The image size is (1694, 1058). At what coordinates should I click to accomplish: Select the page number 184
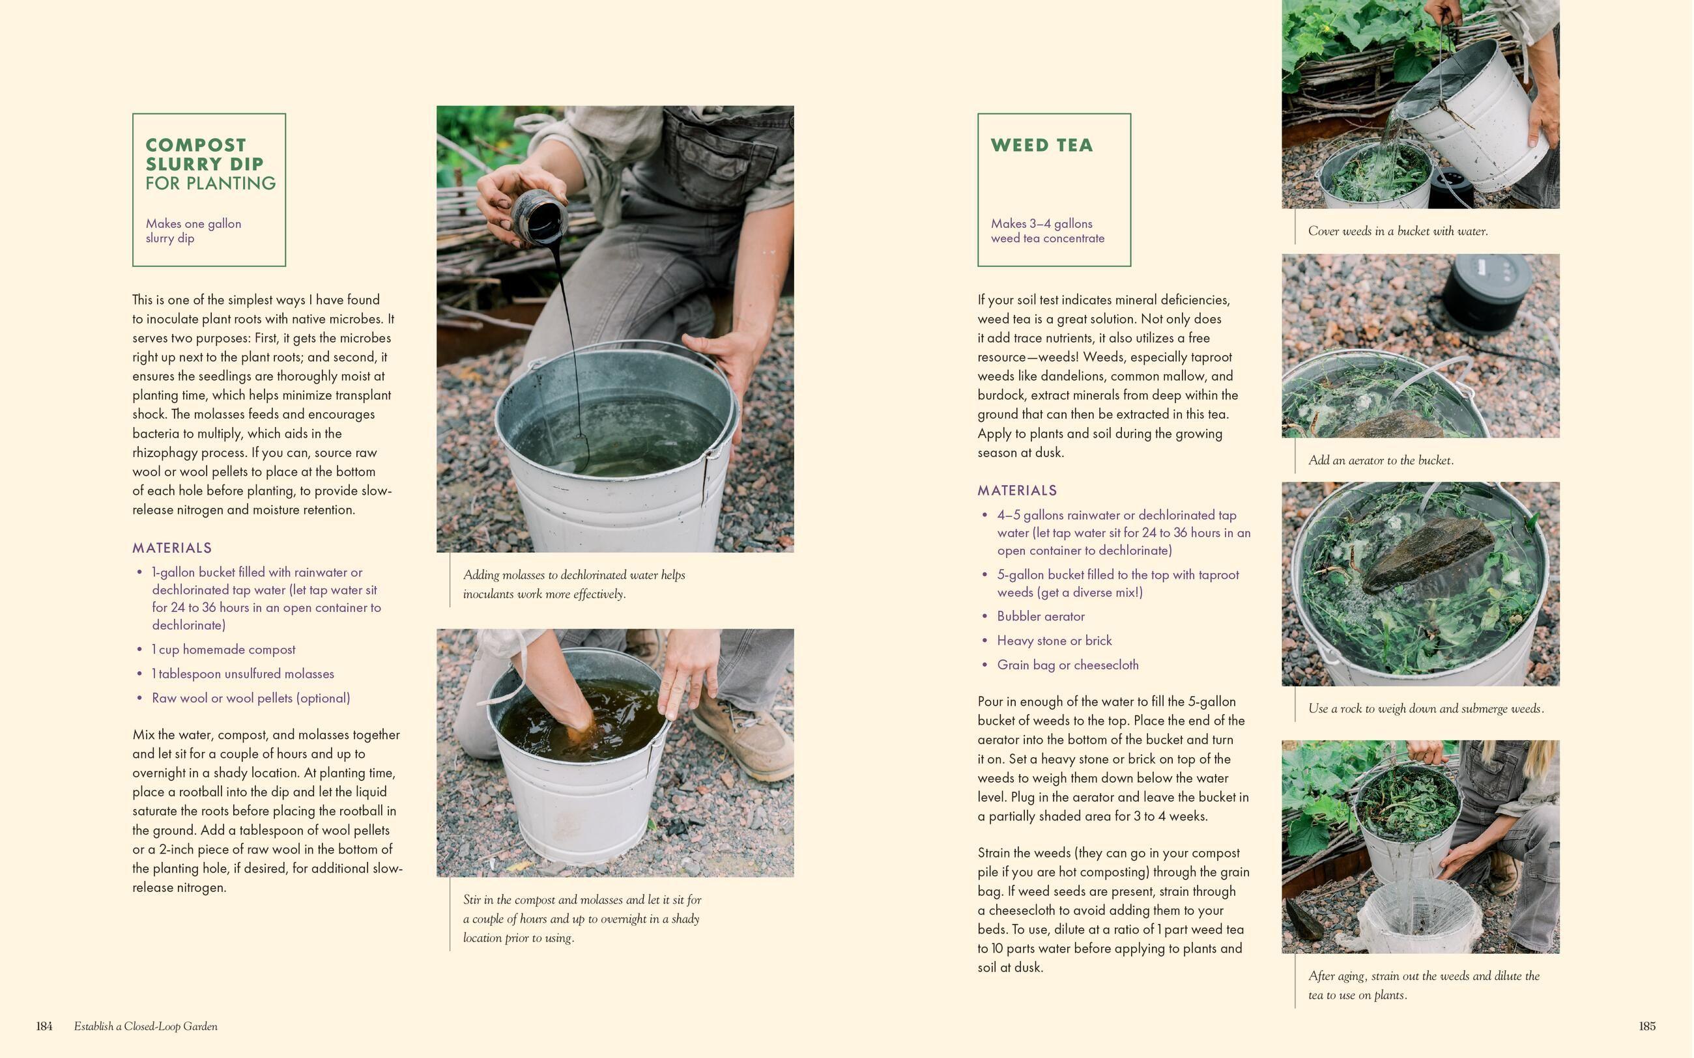click(x=44, y=1026)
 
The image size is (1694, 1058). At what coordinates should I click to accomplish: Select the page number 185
click(x=1646, y=1026)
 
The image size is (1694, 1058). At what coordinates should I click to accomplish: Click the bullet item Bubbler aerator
click(x=1041, y=617)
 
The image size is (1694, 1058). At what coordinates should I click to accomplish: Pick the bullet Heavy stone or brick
click(x=1054, y=640)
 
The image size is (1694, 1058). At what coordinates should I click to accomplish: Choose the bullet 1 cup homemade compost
click(x=223, y=649)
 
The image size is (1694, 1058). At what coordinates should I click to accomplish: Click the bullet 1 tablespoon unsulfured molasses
click(x=243, y=674)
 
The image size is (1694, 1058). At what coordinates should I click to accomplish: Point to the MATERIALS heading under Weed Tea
click(x=1017, y=490)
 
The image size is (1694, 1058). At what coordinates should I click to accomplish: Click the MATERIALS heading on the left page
click(x=172, y=548)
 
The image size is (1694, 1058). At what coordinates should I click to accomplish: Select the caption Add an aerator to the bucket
click(x=1381, y=460)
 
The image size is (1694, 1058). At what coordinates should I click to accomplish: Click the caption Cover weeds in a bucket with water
click(x=1397, y=231)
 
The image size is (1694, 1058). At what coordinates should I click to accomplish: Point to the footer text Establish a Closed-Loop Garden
click(x=145, y=1026)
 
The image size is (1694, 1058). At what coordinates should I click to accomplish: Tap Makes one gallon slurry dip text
click(x=194, y=231)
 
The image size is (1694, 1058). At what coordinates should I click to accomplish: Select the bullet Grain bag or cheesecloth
click(x=1067, y=665)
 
